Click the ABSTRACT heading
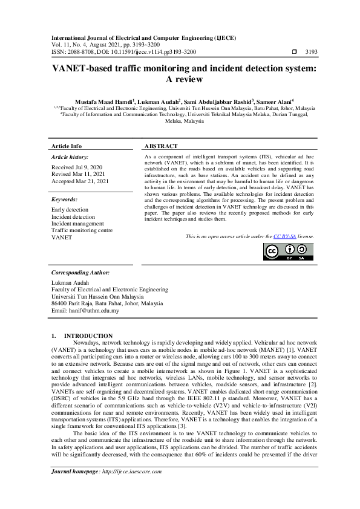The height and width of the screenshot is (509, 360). (162, 146)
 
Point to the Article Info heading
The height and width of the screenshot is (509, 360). (67, 146)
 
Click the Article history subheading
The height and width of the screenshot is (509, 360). (70, 157)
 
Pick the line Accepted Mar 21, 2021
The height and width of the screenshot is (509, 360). (80, 181)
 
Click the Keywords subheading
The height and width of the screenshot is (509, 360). (65, 199)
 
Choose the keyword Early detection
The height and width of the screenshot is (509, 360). (70, 210)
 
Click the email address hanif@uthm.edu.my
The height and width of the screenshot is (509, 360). (85, 311)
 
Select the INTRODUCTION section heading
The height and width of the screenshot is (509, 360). (88, 336)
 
